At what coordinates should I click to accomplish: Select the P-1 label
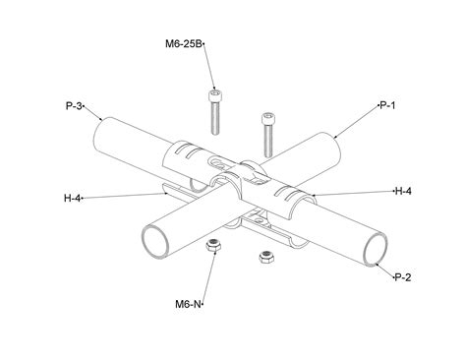[385, 104]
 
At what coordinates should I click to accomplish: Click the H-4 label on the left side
[71, 198]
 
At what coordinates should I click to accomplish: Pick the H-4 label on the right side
[402, 190]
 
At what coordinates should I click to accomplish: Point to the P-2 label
[401, 277]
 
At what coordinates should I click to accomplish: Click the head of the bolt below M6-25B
[214, 95]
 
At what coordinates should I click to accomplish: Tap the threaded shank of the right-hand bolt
[266, 138]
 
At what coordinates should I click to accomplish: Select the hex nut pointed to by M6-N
[214, 245]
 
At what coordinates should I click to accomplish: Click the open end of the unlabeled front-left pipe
[155, 239]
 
